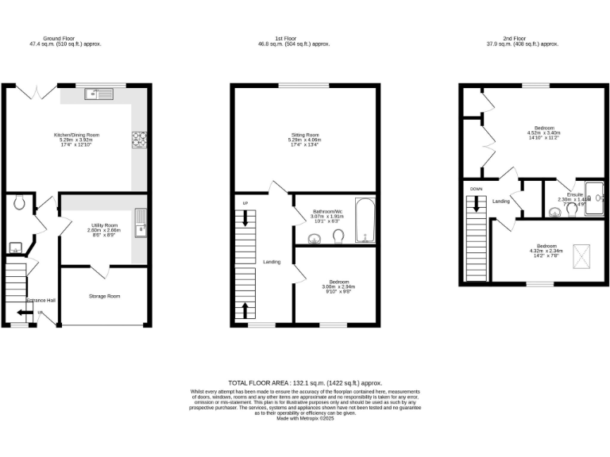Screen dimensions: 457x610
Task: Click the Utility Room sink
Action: click(140, 223)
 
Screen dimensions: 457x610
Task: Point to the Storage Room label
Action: click(103, 296)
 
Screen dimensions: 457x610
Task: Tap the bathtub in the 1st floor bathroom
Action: click(365, 221)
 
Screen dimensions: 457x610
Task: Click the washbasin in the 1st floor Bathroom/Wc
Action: click(312, 239)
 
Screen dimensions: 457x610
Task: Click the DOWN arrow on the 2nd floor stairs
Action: click(477, 202)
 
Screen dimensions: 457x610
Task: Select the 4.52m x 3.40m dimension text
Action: click(544, 132)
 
